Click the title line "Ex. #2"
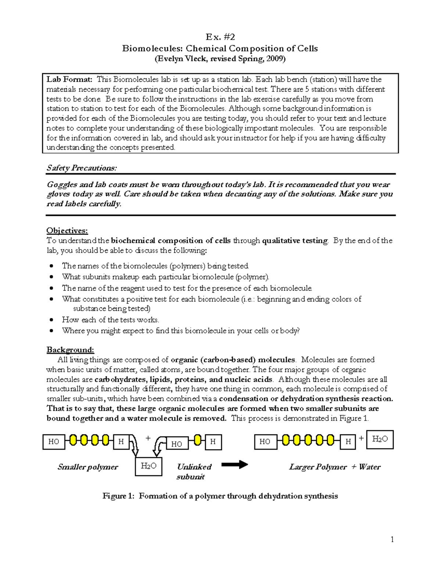point(220,37)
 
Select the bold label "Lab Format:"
point(69,80)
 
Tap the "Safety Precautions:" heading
point(82,168)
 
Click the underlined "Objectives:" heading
point(67,230)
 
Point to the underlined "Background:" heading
point(70,350)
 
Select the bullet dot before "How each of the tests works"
point(52,320)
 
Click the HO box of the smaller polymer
point(54,442)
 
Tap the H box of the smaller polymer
point(121,442)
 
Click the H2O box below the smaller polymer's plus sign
point(148,466)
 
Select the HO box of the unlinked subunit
point(177,444)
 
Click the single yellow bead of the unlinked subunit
point(197,440)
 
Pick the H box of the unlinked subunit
point(213,442)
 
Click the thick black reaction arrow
point(234,465)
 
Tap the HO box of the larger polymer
point(265,442)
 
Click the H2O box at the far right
point(380,439)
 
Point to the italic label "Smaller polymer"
point(87,467)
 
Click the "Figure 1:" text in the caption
point(118,496)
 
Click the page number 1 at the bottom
point(392,539)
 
